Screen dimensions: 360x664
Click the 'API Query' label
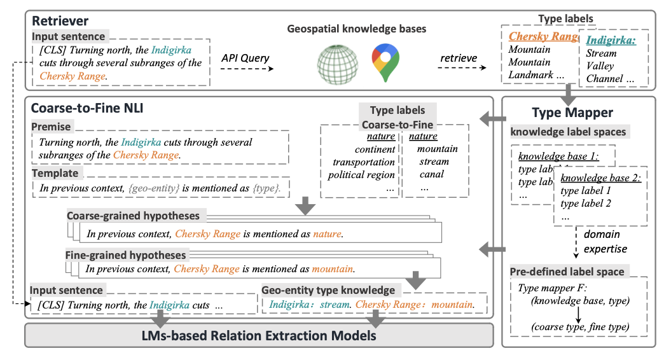pyautogui.click(x=245, y=58)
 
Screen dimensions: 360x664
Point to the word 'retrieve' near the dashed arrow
pyautogui.click(x=458, y=58)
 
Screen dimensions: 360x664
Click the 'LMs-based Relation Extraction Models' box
pyautogui.click(x=258, y=335)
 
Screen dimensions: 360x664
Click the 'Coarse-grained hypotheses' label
pyautogui.click(x=133, y=216)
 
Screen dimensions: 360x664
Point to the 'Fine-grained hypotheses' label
pyautogui.click(x=125, y=255)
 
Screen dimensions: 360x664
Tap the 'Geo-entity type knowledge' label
pyautogui.click(x=328, y=290)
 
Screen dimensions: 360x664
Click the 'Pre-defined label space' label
pyautogui.click(x=567, y=272)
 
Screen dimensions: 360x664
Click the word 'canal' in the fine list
pyautogui.click(x=432, y=174)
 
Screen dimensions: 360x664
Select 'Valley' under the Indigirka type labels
pyautogui.click(x=600, y=66)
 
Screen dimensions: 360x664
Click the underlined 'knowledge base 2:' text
pyautogui.click(x=600, y=179)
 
